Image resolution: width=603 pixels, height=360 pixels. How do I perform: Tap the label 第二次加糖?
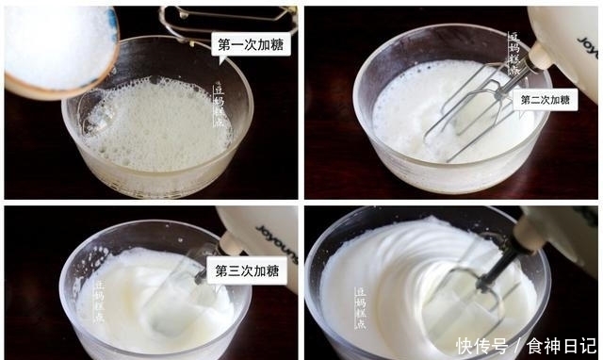(546, 99)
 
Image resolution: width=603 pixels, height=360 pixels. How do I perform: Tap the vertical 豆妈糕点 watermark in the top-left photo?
(219, 105)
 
